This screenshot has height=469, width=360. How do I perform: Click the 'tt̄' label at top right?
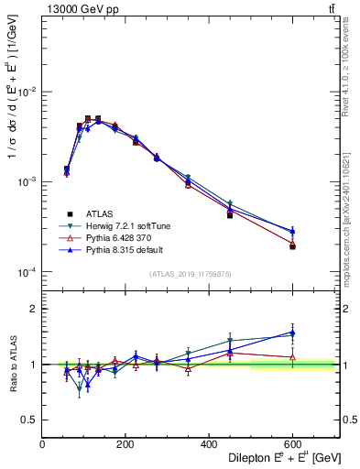(x=331, y=9)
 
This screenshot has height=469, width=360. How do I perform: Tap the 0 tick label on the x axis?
(x=42, y=445)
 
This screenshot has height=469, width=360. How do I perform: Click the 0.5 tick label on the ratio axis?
(x=30, y=420)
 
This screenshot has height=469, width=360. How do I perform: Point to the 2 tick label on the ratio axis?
(x=34, y=310)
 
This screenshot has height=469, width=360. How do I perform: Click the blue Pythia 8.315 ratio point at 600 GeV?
(x=292, y=333)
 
